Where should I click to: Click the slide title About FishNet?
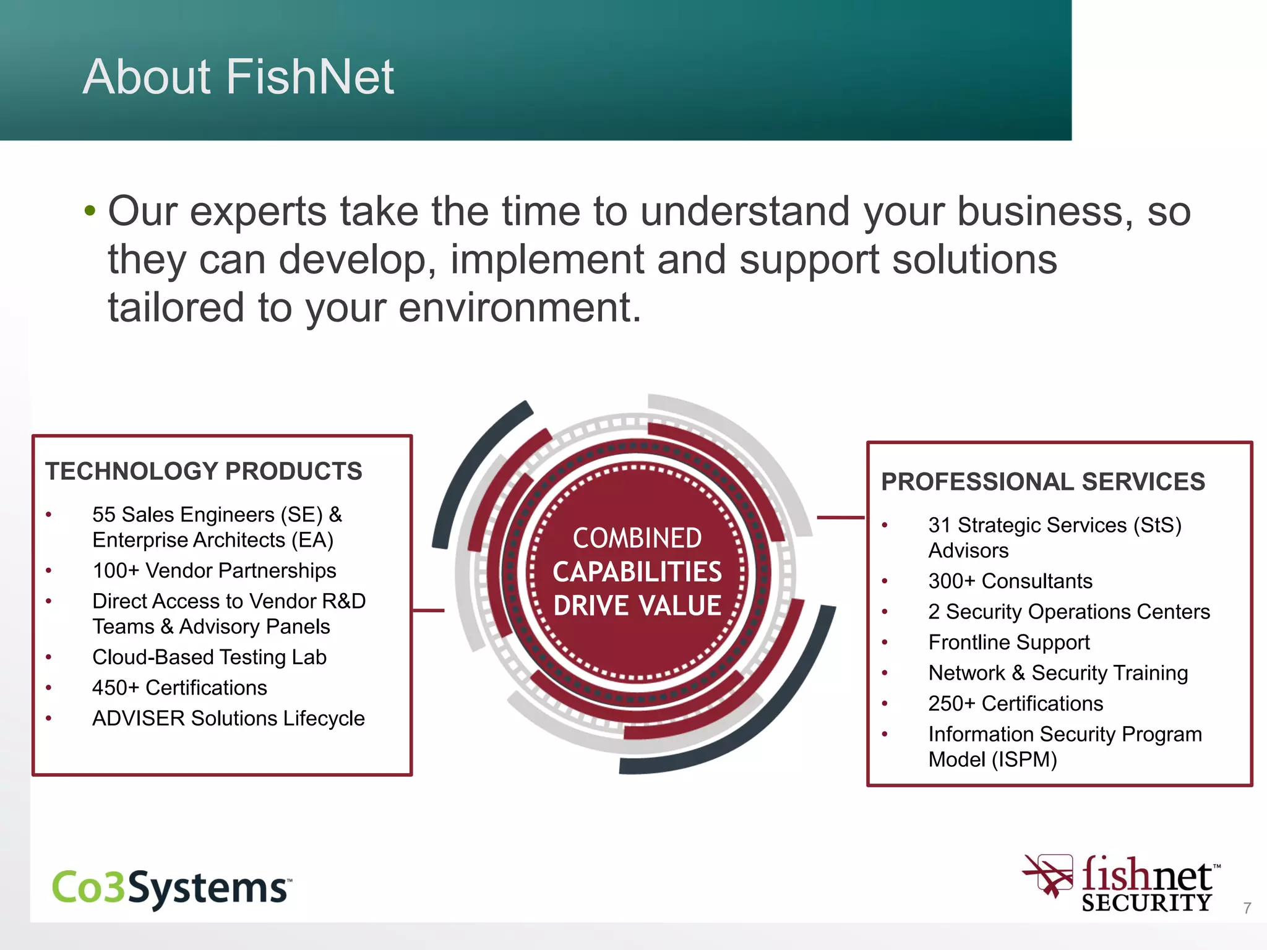pyautogui.click(x=238, y=77)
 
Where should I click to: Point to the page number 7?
pyautogui.click(x=1247, y=908)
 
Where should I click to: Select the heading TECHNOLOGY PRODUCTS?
pyautogui.click(x=204, y=471)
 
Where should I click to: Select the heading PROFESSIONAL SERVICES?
pyautogui.click(x=1043, y=482)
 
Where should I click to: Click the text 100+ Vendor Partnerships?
pyautogui.click(x=214, y=570)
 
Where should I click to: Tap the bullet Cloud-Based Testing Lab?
pyautogui.click(x=209, y=657)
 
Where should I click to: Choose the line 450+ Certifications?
pyautogui.click(x=179, y=688)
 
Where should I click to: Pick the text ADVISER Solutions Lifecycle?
pyautogui.click(x=228, y=718)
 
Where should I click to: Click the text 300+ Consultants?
pyautogui.click(x=1010, y=581)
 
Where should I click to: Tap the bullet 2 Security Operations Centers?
pyautogui.click(x=1069, y=612)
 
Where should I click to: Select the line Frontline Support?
pyautogui.click(x=1009, y=642)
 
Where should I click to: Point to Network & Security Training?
pyautogui.click(x=1058, y=673)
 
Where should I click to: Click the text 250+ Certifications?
pyautogui.click(x=1015, y=703)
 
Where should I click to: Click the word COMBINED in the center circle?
pyautogui.click(x=637, y=538)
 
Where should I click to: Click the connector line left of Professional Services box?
pyautogui.click(x=840, y=517)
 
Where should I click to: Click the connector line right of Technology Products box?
pyautogui.click(x=428, y=610)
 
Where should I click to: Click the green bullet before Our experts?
pyautogui.click(x=90, y=211)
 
